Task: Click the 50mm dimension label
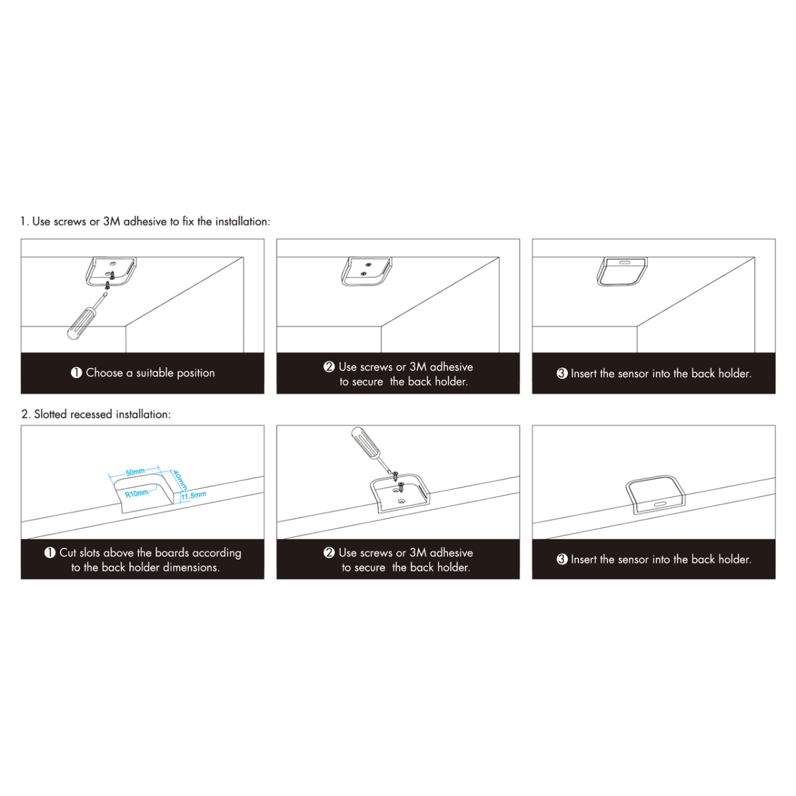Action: click(135, 472)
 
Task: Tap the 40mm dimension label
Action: click(180, 480)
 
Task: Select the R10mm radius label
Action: click(137, 494)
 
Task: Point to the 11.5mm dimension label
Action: click(193, 496)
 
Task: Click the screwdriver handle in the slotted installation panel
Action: click(365, 442)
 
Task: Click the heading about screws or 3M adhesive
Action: click(145, 222)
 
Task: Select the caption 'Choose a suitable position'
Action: click(151, 373)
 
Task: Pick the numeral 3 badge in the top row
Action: click(562, 373)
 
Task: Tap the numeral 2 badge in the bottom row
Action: click(329, 553)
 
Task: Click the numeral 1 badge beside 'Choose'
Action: click(76, 373)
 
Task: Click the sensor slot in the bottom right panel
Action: click(659, 504)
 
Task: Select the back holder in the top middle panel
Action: click(366, 271)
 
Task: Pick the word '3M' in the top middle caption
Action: click(418, 367)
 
